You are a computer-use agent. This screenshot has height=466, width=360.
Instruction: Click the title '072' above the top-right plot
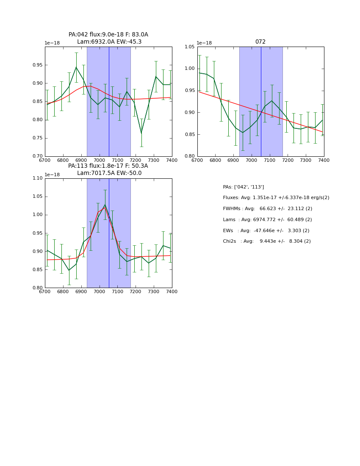click(260, 42)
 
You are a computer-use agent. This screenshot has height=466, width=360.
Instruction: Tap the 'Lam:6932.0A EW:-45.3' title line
click(109, 42)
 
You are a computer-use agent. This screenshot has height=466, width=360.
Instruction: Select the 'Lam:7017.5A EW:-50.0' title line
click(109, 173)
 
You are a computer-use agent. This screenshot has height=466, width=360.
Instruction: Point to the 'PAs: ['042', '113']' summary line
click(244, 187)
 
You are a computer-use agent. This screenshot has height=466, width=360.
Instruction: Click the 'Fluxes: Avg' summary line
click(276, 198)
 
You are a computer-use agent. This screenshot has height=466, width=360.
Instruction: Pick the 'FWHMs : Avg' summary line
click(267, 208)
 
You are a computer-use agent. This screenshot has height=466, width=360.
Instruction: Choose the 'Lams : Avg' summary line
click(267, 219)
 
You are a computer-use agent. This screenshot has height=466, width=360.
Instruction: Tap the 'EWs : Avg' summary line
click(266, 230)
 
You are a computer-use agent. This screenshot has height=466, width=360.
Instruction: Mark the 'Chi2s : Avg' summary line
click(266, 241)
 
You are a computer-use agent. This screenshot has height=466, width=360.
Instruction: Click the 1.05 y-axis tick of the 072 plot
click(189, 47)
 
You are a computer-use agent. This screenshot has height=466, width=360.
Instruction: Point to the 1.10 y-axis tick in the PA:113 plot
click(37, 178)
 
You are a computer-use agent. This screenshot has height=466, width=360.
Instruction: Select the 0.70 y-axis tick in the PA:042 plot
click(37, 156)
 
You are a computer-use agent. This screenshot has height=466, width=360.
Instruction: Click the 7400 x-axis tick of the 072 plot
click(324, 160)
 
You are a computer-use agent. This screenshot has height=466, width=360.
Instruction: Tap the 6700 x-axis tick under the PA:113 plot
click(45, 291)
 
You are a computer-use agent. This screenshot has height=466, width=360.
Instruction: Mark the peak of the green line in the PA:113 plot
click(105, 205)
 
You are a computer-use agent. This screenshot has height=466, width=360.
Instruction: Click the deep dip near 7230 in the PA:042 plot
click(141, 133)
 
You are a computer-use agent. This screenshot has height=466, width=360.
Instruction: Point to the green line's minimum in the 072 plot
click(243, 133)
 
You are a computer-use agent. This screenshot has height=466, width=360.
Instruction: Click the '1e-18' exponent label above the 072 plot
click(204, 43)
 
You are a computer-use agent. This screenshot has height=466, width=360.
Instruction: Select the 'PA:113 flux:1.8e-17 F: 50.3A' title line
click(108, 166)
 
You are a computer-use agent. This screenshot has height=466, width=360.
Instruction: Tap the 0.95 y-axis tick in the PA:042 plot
click(37, 65)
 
